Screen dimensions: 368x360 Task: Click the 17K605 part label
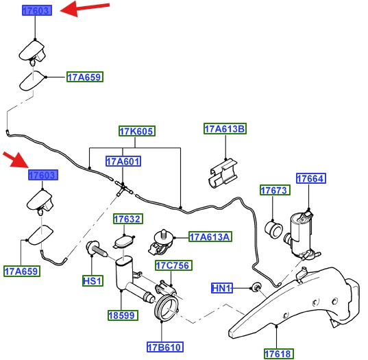[137, 131]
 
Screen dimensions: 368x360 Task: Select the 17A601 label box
[123, 161]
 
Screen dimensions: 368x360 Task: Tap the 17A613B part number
[225, 129]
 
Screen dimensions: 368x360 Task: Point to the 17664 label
[311, 178]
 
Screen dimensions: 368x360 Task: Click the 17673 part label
[275, 190]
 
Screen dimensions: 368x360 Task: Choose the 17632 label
[128, 219]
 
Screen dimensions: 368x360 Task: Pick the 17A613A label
[210, 237]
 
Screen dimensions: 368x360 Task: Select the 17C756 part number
[173, 265]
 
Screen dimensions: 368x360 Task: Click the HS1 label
[93, 281]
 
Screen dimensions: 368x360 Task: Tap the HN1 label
[222, 288]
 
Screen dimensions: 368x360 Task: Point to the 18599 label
[123, 315]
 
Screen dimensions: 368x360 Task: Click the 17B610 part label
[165, 347]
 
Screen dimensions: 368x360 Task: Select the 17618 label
[279, 354]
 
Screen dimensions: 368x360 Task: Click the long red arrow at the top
[85, 8]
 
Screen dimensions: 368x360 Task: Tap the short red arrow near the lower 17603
[15, 160]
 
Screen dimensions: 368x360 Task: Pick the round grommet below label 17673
[273, 229]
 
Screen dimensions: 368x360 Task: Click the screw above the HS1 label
[97, 250]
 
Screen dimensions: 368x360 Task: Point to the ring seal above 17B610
[167, 308]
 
